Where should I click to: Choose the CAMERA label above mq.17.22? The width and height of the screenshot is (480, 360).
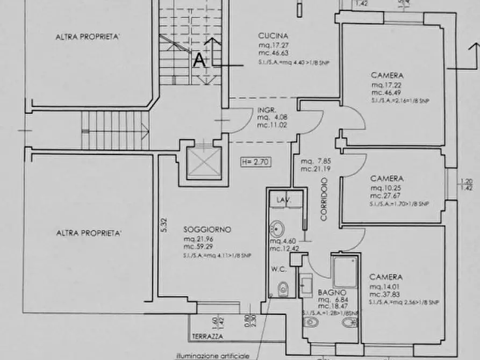[x=387, y=76]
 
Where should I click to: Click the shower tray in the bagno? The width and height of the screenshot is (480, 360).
[x=345, y=271]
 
